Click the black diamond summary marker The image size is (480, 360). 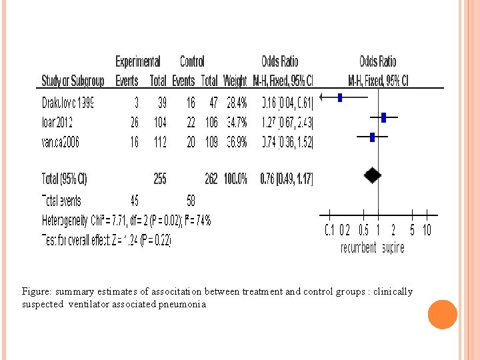(373, 176)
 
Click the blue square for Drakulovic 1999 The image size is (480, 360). (340, 97)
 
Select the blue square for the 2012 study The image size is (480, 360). (384, 117)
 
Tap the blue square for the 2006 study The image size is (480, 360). (373, 137)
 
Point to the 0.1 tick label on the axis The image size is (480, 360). (329, 231)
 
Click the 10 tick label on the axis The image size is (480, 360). (427, 231)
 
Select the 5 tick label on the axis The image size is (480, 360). (412, 231)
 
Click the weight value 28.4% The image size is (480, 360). (235, 103)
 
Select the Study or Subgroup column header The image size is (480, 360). (73, 81)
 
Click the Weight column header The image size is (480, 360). (235, 81)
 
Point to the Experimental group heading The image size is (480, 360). (137, 62)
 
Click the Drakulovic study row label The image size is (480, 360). (67, 103)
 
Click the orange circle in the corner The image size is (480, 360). (443, 315)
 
